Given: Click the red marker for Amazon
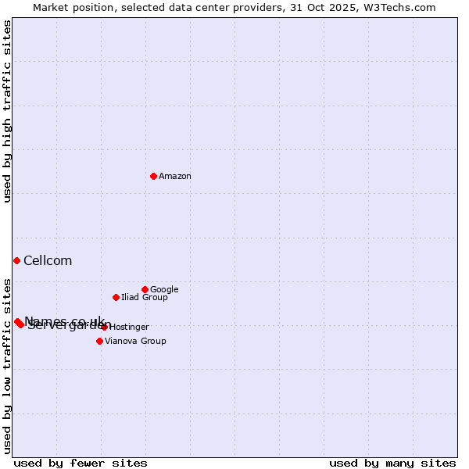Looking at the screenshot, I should coord(153,176).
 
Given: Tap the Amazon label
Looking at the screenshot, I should coord(175,177).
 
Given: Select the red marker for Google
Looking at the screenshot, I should coord(145,289).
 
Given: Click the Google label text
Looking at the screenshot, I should coord(164,290).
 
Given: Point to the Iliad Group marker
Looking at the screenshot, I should coord(116,297).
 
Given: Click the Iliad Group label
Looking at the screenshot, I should coord(145,298).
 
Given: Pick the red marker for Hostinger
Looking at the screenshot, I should coord(104,327).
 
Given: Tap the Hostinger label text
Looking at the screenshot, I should coord(129,328).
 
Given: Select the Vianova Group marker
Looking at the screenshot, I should coord(99,341).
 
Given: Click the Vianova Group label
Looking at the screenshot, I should coord(135,342).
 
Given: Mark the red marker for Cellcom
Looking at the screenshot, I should coord(16,260).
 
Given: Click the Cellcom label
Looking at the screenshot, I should coord(48,261).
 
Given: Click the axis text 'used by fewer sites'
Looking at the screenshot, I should coord(81,463).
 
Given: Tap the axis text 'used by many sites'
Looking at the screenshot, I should coord(392,463).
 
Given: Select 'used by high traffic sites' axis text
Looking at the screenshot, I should coord(7,111).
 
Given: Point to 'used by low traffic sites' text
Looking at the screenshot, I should coord(7,365).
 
